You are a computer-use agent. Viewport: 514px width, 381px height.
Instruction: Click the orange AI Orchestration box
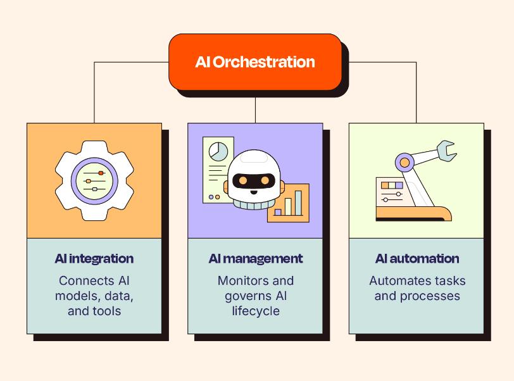pyautogui.click(x=255, y=61)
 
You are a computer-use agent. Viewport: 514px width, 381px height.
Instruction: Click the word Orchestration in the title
pyautogui.click(x=264, y=61)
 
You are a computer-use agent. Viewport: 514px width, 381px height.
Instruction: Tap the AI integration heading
pyautogui.click(x=94, y=259)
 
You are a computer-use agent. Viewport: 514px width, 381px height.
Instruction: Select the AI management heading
pyautogui.click(x=255, y=259)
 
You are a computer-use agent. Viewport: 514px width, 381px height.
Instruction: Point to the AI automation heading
pyautogui.click(x=417, y=259)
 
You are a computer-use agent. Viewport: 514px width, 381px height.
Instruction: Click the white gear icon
pyautogui.click(x=94, y=180)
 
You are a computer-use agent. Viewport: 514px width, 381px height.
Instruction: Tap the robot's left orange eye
pyautogui.click(x=243, y=180)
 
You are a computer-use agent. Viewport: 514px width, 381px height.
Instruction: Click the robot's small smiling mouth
pyautogui.click(x=254, y=192)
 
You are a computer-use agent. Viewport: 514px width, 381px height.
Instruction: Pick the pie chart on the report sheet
pyautogui.click(x=218, y=151)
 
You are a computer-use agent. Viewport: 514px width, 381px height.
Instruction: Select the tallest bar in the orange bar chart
pyautogui.click(x=298, y=203)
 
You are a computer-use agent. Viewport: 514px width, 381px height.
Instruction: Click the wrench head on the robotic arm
pyautogui.click(x=446, y=151)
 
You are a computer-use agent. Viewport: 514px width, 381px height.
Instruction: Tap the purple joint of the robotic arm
pyautogui.click(x=405, y=162)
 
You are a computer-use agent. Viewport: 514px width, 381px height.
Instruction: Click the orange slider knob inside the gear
pyautogui.click(x=101, y=173)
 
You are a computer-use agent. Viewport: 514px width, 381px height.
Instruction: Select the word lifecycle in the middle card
pyautogui.click(x=256, y=311)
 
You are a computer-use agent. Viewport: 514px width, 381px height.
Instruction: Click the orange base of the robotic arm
pyautogui.click(x=414, y=213)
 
